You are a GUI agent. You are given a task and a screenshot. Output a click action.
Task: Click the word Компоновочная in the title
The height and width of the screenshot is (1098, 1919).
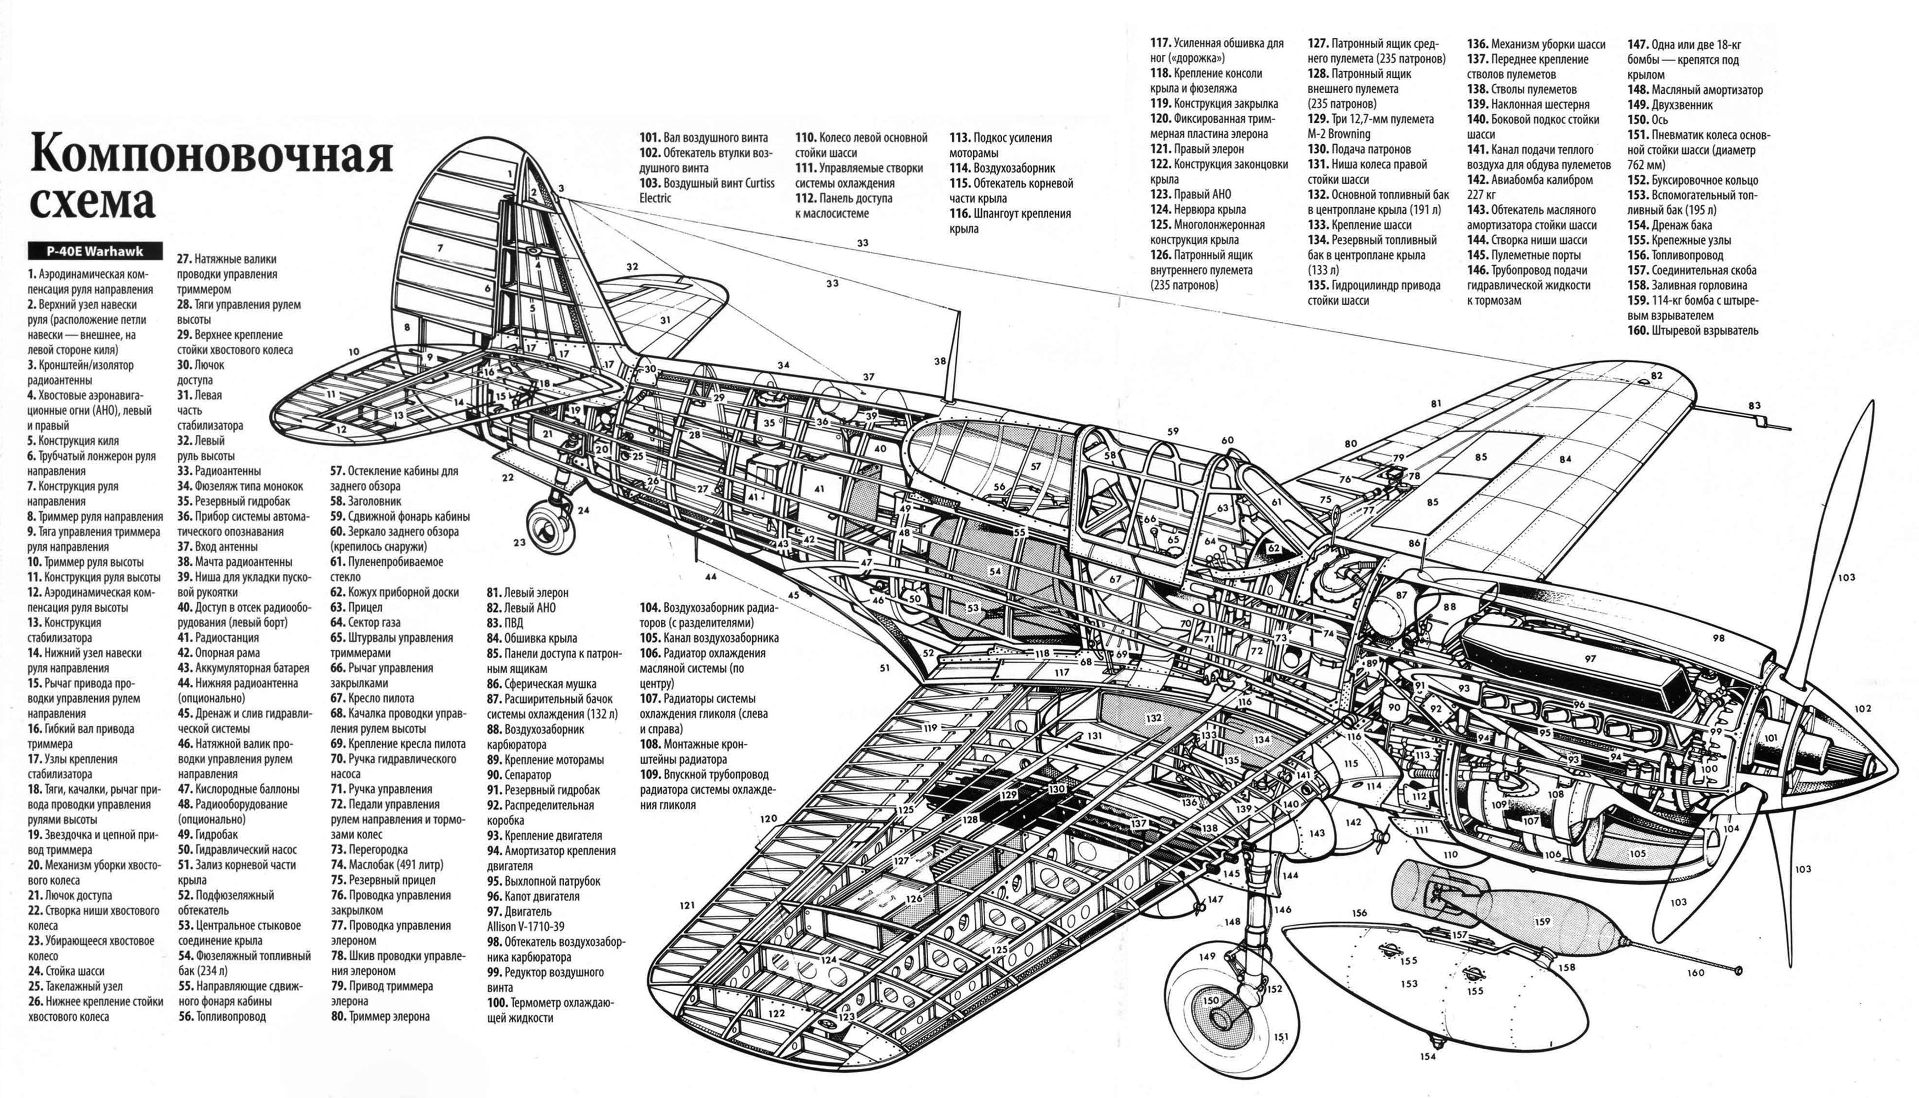point(211,155)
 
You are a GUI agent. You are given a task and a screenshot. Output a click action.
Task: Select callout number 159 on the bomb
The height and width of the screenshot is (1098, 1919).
point(1542,921)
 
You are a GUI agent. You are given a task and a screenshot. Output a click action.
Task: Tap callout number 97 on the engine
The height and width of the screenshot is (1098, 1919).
point(1589,658)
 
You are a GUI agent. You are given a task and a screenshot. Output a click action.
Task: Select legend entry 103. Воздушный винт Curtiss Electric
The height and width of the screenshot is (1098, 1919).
point(707,190)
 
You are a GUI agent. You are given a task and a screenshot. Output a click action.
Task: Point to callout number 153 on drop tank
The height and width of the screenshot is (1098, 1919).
point(1409,983)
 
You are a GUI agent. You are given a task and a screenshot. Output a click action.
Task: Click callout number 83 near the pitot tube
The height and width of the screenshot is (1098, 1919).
point(1754,406)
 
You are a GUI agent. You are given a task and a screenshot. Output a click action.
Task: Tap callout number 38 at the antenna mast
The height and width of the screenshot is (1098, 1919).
point(940,361)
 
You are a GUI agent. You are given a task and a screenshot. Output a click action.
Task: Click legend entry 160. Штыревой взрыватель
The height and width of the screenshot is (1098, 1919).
point(1693,331)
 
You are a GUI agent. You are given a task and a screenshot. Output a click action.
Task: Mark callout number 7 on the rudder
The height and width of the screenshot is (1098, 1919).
point(440,247)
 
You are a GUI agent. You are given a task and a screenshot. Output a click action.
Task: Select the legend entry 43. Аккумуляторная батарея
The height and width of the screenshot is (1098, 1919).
point(243,668)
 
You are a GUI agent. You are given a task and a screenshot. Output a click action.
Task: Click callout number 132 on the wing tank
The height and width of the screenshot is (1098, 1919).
point(1154,718)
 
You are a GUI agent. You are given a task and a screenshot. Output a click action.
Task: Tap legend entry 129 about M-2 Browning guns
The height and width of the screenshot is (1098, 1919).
point(1371,126)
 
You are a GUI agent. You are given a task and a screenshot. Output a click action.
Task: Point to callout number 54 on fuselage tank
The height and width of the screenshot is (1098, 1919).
point(995,571)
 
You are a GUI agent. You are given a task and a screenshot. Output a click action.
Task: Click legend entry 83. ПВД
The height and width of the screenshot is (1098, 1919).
point(504,623)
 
